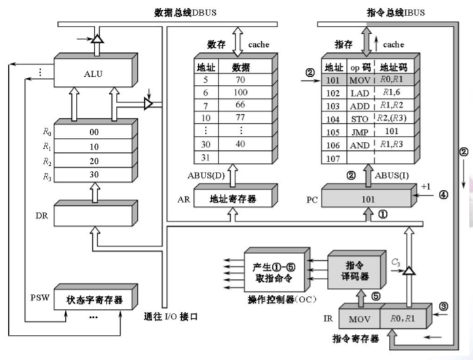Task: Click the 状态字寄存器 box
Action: [94, 299]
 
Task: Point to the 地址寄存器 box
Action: [233, 199]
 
